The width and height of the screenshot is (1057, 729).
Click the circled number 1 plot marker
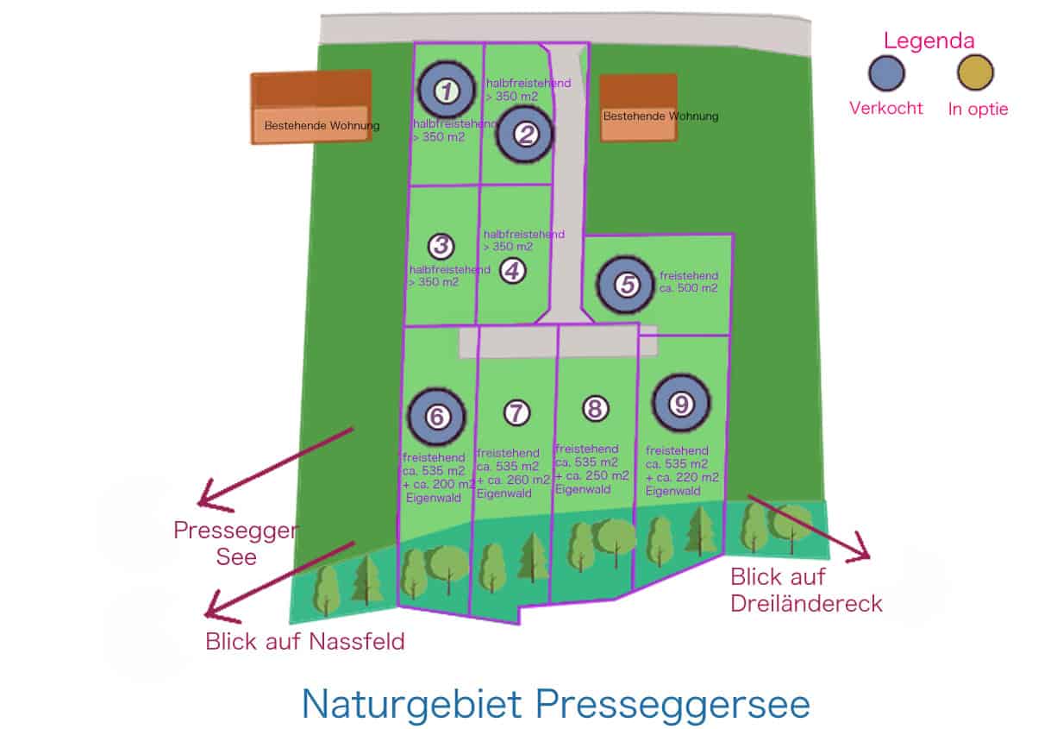tap(446, 90)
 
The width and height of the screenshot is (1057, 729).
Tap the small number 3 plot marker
tap(441, 247)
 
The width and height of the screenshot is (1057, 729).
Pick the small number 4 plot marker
tap(512, 271)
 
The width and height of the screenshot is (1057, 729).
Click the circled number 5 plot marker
tap(628, 284)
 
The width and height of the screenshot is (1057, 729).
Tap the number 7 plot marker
tap(516, 413)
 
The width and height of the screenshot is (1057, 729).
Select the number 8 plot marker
tap(595, 408)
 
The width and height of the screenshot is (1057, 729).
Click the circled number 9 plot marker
tap(681, 404)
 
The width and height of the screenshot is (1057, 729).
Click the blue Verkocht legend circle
tap(886, 74)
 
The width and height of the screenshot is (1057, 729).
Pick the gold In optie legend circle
tap(976, 74)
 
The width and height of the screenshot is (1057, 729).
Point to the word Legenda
tap(929, 41)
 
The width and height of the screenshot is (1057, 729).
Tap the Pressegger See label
tap(235, 543)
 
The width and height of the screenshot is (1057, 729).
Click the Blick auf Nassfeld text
tap(304, 642)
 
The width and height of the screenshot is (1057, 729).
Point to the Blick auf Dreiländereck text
tap(806, 589)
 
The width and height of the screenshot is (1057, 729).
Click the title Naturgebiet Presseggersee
tap(556, 704)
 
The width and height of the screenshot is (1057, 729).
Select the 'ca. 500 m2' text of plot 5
tap(688, 288)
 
